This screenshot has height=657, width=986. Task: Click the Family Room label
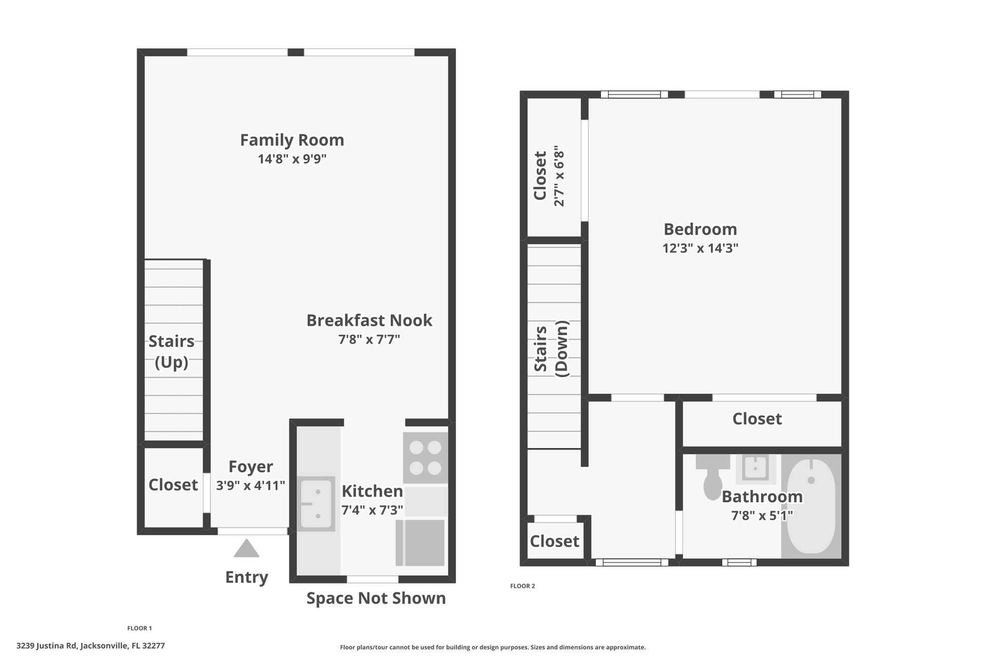click(292, 140)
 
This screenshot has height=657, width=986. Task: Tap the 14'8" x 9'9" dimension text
click(292, 159)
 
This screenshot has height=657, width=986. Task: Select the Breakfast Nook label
click(369, 320)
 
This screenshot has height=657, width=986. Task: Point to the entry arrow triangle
click(246, 548)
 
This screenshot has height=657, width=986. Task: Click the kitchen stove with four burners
click(425, 457)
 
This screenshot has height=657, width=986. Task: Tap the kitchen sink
click(316, 503)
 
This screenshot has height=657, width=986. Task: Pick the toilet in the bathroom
click(713, 477)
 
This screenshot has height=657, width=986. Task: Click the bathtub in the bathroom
click(811, 506)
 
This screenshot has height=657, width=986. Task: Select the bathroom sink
click(755, 469)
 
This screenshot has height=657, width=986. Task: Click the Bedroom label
click(700, 229)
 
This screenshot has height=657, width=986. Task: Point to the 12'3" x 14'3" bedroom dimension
click(700, 248)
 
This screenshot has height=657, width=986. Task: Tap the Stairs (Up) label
click(172, 352)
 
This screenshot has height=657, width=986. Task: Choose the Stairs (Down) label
click(552, 349)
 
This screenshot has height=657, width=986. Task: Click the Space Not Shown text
click(376, 598)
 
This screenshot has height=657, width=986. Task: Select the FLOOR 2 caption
click(522, 586)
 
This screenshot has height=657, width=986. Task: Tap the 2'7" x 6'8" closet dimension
click(559, 176)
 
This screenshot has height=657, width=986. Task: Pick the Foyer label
click(251, 467)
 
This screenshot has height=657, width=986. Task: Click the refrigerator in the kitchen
click(420, 543)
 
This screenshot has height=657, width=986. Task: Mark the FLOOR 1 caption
click(140, 628)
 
